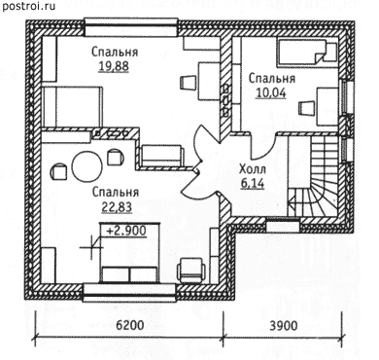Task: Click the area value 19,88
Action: [114, 66]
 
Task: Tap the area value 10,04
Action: [271, 93]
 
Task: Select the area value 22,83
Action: [117, 207]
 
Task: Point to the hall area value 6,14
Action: [253, 184]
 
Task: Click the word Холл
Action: [253, 169]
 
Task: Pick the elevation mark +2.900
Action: [126, 231]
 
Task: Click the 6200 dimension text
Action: [129, 325]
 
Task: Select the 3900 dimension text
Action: [284, 325]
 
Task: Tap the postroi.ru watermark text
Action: [28, 6]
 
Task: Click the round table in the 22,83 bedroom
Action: [86, 165]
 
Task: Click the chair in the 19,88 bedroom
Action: [188, 83]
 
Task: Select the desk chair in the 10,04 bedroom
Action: [306, 108]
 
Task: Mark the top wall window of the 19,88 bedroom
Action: [131, 27]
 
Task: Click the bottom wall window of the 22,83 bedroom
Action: [130, 293]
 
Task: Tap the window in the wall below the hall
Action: [283, 225]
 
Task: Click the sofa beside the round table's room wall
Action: [162, 156]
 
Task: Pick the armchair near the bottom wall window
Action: [192, 270]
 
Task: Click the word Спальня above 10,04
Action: [272, 79]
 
